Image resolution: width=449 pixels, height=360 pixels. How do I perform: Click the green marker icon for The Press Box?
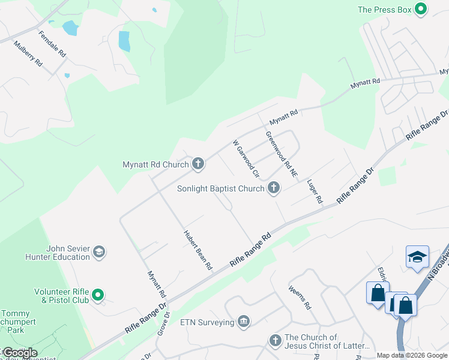(421, 9)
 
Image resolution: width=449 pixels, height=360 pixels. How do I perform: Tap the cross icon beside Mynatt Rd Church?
(197, 163)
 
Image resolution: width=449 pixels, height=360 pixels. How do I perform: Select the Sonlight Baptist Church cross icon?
(274, 188)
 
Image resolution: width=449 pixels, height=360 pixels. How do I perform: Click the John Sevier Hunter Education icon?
(100, 253)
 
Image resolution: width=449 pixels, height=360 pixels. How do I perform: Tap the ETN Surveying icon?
(244, 322)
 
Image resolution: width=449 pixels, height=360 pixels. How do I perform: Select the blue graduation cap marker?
(417, 257)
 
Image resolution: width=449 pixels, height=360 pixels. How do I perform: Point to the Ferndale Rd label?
(53, 44)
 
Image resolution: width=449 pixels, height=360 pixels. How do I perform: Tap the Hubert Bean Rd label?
(198, 249)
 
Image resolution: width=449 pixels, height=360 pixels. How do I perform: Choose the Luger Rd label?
(315, 190)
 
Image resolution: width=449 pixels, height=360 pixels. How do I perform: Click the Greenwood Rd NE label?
(281, 155)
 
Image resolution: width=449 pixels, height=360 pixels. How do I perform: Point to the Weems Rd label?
(299, 298)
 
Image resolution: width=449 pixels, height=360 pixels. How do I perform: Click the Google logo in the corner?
(19, 353)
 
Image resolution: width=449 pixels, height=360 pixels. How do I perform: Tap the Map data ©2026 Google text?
(411, 355)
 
